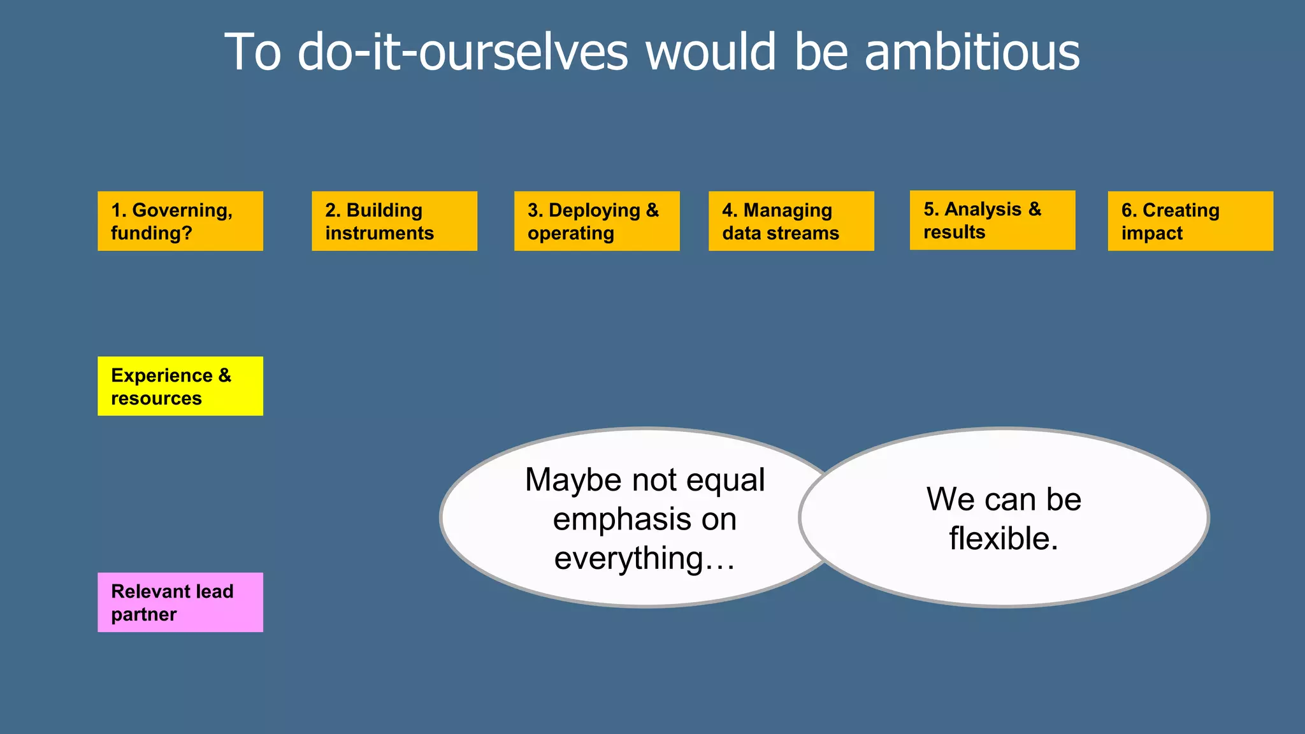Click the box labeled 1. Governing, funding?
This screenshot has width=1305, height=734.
coord(180,221)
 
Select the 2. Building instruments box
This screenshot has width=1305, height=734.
coord(394,221)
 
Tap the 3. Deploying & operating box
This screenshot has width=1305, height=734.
coord(596,221)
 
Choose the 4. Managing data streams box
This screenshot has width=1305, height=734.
coord(791,221)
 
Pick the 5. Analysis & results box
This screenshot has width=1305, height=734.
coord(992,220)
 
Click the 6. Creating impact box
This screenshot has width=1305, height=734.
coord(1190,221)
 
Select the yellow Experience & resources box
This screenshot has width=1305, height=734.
coord(180,386)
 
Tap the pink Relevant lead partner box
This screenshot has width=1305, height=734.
coord(180,602)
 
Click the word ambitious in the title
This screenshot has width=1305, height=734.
coord(972,52)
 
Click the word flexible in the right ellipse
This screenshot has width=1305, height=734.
coord(1003,538)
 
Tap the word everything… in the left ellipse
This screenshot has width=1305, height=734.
coord(644,559)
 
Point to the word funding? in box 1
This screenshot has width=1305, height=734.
coord(152,233)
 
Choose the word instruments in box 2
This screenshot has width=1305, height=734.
coord(379,233)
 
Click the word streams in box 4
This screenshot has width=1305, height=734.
coord(807,233)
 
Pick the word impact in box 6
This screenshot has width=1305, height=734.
coord(1151,233)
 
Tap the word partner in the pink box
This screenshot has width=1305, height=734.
coord(143,614)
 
